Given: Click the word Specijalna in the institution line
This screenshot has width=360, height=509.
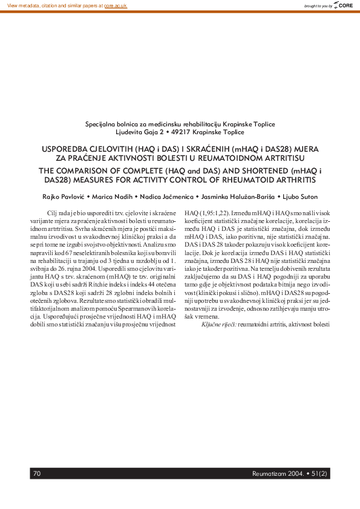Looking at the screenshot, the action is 101,124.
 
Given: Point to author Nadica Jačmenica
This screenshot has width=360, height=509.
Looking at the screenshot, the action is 163,197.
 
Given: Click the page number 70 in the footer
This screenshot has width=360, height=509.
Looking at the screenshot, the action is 37,473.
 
